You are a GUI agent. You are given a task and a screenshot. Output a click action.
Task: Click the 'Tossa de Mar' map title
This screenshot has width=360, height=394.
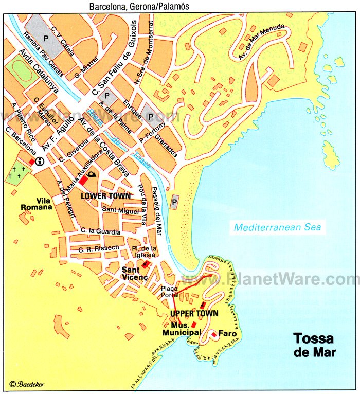click(x=313, y=346)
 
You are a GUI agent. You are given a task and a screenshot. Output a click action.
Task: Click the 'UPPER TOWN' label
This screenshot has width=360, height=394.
click(x=194, y=313)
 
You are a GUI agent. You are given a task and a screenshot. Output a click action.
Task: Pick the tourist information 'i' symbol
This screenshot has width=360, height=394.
click(x=40, y=162)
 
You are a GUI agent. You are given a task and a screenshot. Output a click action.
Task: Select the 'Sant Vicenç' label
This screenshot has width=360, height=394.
click(x=135, y=273)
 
